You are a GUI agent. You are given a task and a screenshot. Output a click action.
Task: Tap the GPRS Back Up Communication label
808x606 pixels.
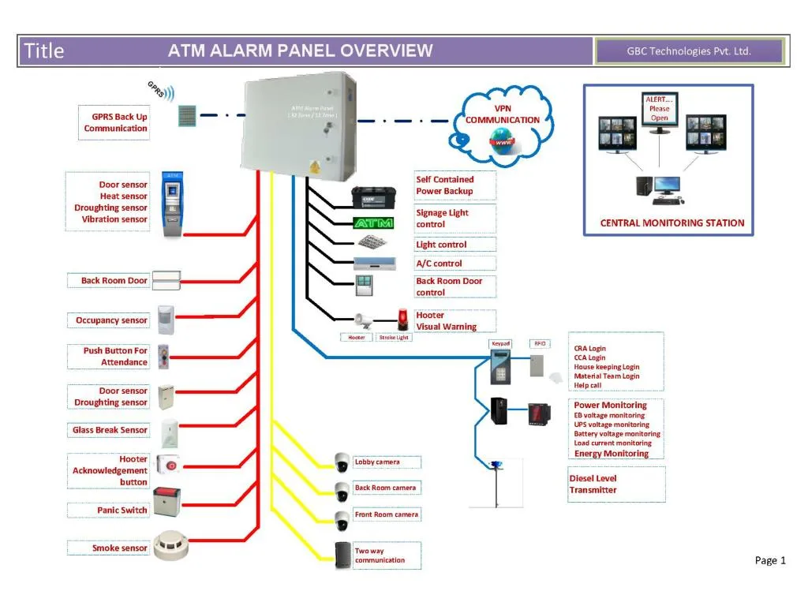tap(114, 123)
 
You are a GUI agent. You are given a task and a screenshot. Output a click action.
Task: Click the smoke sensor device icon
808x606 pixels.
tap(172, 545)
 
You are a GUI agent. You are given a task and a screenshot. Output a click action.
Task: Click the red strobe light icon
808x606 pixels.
tap(403, 319)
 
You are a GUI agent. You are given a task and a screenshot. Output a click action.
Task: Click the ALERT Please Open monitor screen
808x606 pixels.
tap(659, 111)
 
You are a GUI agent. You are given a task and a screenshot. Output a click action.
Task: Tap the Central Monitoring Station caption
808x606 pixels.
tap(671, 223)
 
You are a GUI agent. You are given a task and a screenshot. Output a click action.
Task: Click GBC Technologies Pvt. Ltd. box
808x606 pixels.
tap(689, 51)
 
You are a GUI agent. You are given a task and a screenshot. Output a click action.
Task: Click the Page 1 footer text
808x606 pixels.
tap(769, 560)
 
